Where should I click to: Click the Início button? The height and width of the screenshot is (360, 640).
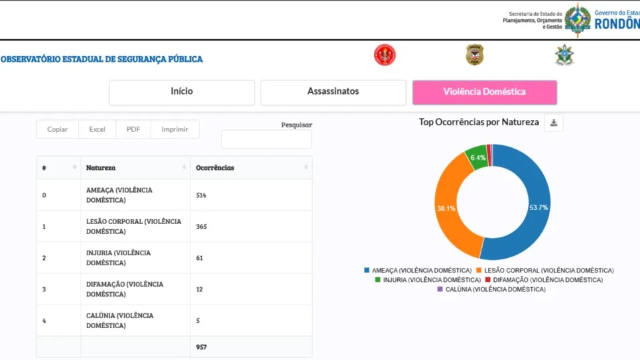click(x=182, y=92)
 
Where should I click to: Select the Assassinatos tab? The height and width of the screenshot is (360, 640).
click(x=333, y=92)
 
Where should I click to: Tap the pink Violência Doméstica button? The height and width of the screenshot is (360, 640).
click(x=485, y=92)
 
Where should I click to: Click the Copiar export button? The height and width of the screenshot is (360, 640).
click(x=57, y=129)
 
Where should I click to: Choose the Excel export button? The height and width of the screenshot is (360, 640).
click(x=97, y=129)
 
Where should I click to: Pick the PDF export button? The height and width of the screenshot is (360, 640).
click(x=133, y=129)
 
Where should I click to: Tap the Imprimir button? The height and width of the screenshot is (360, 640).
click(x=175, y=129)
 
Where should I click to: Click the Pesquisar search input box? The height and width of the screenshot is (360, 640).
click(x=266, y=139)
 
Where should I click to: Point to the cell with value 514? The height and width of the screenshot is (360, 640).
click(x=202, y=195)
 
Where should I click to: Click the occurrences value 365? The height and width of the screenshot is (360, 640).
click(x=202, y=227)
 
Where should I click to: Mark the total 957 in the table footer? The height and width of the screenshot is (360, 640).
click(x=202, y=347)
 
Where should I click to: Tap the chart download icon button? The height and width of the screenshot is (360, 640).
click(x=554, y=123)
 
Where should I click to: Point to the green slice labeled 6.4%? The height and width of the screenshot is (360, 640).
click(x=477, y=157)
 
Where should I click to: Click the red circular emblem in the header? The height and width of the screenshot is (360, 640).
click(x=385, y=55)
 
